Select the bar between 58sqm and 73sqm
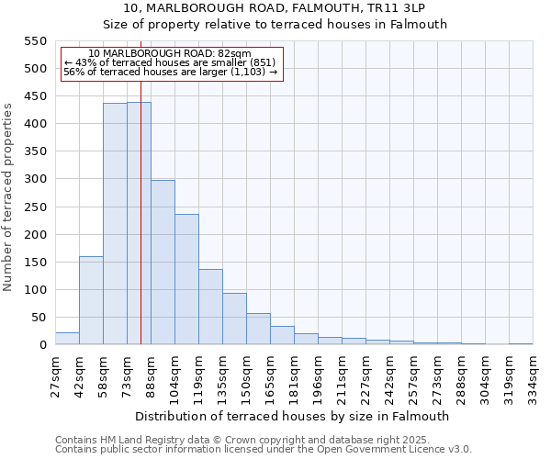115,224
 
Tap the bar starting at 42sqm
91,300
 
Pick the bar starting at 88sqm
163,263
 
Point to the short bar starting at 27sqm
67,339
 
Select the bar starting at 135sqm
234,319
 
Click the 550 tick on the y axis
34,41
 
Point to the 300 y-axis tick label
34,179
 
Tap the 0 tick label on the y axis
41,345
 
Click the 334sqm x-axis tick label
533,374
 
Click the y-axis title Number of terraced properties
8,197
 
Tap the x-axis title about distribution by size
293,416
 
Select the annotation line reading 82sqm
170,54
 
